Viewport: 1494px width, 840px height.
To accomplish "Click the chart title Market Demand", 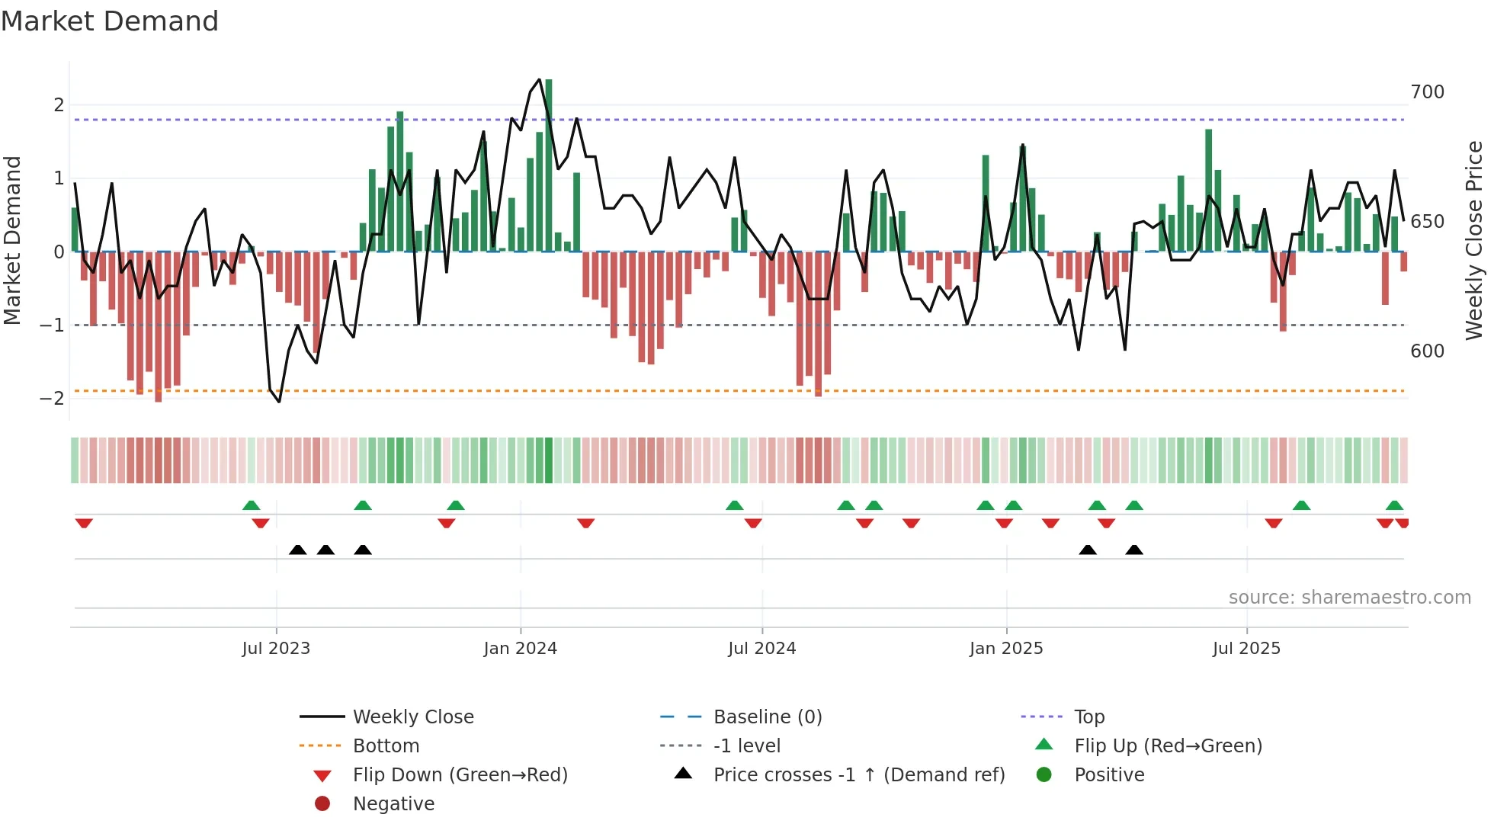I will click(110, 21).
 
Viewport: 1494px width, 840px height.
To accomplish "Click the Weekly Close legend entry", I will click(412, 717).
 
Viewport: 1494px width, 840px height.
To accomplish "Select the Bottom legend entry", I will click(386, 745).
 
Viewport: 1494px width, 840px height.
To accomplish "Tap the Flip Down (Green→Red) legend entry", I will click(460, 774).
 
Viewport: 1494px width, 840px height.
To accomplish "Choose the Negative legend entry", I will click(393, 803).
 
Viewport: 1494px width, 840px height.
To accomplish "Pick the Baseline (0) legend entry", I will click(767, 717).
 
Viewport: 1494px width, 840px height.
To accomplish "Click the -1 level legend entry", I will click(746, 745).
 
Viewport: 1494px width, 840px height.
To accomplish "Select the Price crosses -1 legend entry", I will click(858, 774).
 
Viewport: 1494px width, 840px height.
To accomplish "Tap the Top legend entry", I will click(1088, 717).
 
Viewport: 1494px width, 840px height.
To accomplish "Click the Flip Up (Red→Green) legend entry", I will click(1168, 745).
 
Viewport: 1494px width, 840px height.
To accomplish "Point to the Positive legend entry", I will click(1109, 774).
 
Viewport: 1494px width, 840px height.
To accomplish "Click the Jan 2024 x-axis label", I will click(521, 648).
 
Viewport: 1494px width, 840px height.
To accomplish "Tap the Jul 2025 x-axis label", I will click(1246, 648).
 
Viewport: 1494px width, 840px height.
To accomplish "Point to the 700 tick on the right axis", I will click(1427, 92).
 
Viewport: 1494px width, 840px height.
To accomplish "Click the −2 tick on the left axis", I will click(52, 398).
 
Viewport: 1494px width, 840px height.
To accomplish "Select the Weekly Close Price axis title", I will click(1474, 240).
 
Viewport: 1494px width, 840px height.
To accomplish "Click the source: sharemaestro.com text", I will click(1349, 597).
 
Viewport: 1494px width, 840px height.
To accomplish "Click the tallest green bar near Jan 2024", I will click(549, 164).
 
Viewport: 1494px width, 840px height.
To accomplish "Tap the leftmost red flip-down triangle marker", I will click(84, 523).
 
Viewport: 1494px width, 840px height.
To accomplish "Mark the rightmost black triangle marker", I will click(1134, 550).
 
